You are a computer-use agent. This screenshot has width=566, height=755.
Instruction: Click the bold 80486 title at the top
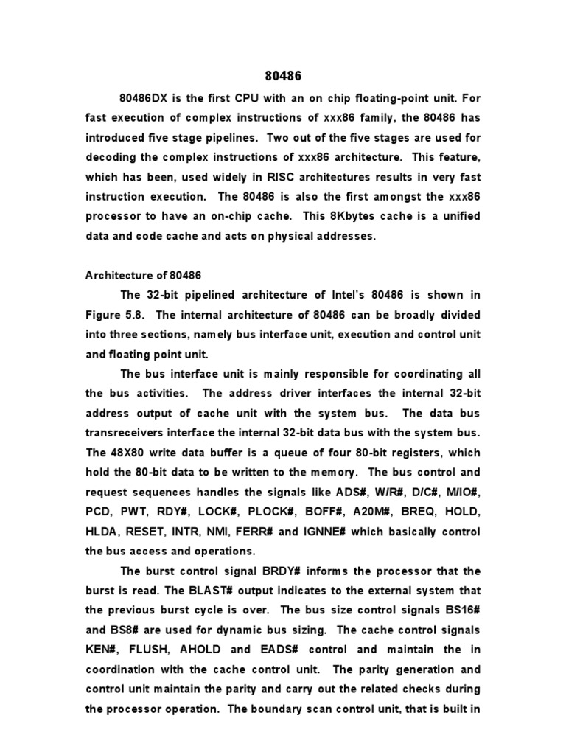point(282,75)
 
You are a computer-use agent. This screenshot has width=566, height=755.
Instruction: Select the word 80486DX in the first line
point(146,97)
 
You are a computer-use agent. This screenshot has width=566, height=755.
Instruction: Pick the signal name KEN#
point(104,650)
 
